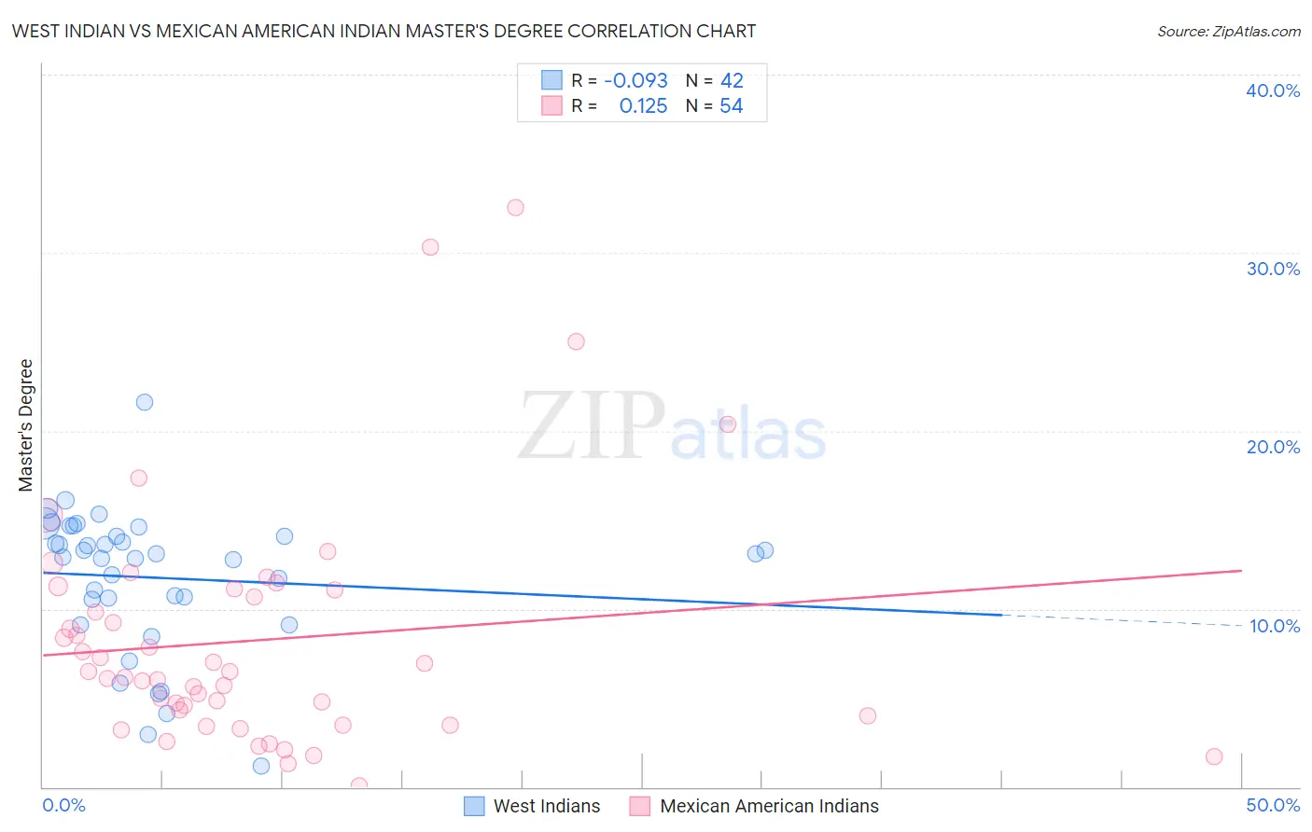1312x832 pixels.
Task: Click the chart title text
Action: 384,32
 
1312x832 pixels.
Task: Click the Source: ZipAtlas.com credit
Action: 1228,32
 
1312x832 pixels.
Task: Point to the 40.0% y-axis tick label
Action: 1273,90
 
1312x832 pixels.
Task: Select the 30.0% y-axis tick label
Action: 1273,269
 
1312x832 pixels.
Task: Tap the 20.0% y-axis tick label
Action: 1273,447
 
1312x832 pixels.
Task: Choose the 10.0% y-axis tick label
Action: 1275,626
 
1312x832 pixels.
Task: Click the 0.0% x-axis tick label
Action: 63,805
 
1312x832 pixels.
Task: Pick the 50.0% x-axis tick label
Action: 1273,805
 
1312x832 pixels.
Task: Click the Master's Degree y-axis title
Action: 26,425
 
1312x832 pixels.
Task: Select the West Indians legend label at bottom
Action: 547,806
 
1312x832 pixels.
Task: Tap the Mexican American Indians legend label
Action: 769,806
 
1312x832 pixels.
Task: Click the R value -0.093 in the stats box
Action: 635,81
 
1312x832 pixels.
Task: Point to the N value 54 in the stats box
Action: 732,106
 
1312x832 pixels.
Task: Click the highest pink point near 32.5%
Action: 515,208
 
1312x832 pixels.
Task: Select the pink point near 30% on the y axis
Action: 430,247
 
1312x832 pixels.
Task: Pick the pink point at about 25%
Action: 576,341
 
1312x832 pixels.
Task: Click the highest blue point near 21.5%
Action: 145,402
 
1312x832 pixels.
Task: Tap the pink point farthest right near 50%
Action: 1214,756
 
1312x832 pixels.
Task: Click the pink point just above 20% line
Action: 728,424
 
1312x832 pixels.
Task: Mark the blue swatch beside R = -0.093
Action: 551,80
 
